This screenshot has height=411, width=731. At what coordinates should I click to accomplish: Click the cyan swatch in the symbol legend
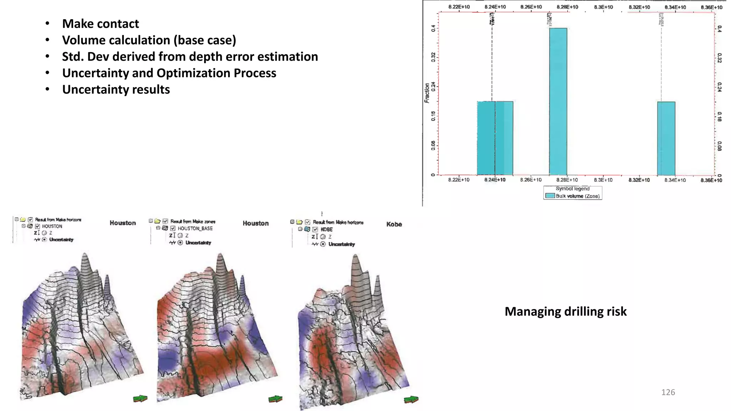click(x=550, y=196)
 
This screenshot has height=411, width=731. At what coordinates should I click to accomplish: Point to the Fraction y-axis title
click(x=427, y=93)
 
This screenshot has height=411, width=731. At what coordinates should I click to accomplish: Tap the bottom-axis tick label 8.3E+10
click(x=603, y=180)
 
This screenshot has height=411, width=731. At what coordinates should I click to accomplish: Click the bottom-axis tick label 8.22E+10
click(x=459, y=180)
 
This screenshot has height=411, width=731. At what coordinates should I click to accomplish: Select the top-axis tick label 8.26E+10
click(x=531, y=7)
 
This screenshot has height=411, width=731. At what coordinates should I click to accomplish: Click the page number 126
click(x=668, y=392)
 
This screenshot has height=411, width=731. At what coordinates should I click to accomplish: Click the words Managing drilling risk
click(x=565, y=311)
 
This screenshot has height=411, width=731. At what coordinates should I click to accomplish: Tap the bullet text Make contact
click(x=100, y=24)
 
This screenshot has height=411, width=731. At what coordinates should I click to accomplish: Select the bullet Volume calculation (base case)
click(x=149, y=40)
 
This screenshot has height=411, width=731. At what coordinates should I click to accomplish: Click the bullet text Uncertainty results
click(x=116, y=89)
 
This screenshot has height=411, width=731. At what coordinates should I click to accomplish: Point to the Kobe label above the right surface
click(x=394, y=224)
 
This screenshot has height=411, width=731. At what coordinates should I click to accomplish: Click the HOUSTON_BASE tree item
click(x=195, y=228)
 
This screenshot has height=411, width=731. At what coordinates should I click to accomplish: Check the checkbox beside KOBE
click(x=315, y=229)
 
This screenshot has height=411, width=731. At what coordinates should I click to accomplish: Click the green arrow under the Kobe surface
click(x=411, y=400)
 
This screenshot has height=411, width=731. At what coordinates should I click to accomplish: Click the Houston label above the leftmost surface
click(x=123, y=223)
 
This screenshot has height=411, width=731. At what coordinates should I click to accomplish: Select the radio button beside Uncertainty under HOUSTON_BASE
click(x=180, y=243)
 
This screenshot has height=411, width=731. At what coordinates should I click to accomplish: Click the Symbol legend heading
click(x=573, y=189)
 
